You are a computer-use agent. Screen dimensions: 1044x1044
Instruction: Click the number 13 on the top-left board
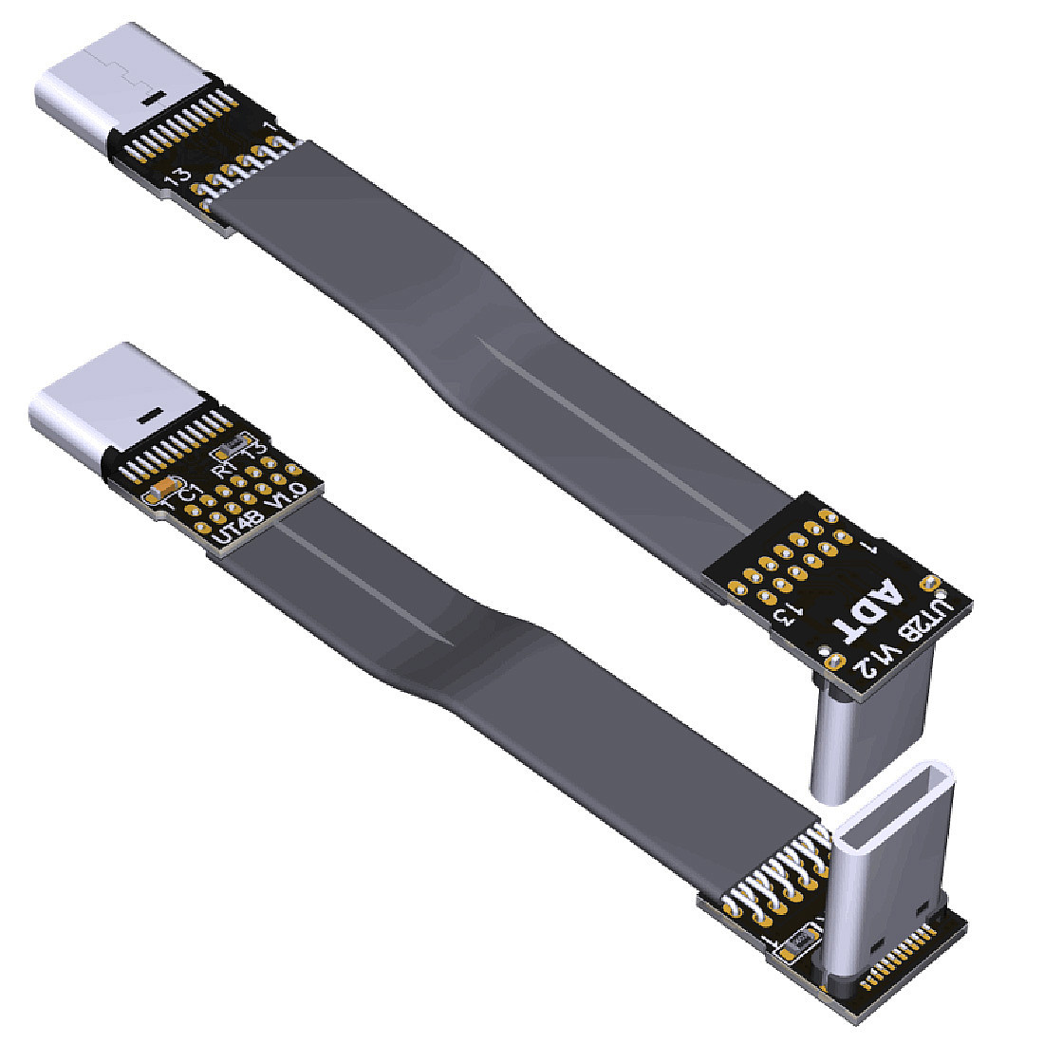176,177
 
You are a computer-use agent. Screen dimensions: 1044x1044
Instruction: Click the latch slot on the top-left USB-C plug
150,97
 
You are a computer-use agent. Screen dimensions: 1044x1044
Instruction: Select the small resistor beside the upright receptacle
798,941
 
